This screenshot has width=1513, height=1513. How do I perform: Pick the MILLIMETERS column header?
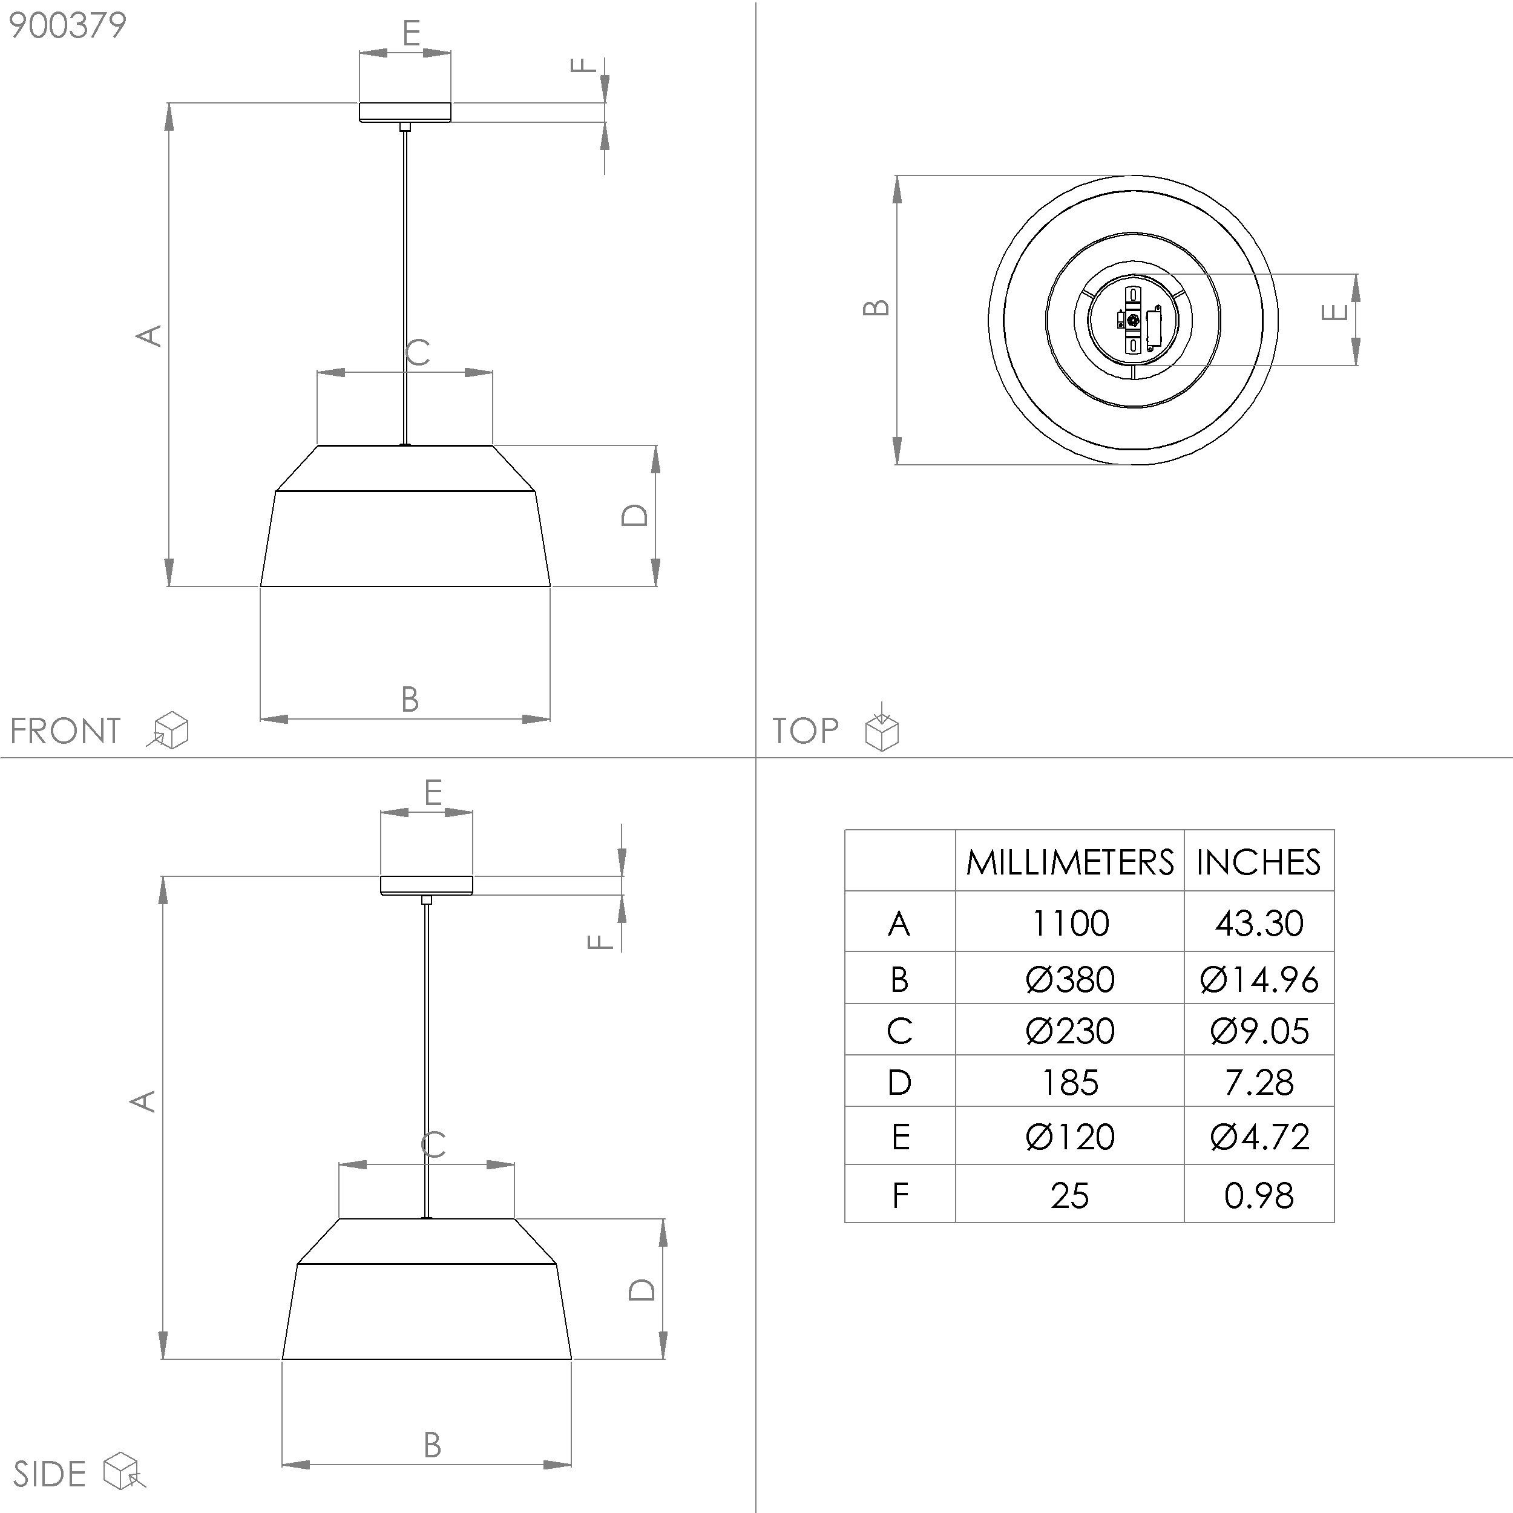pyautogui.click(x=1070, y=862)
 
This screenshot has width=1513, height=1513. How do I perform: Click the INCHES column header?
pyautogui.click(x=1258, y=862)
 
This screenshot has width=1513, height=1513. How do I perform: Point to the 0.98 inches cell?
pyautogui.click(x=1258, y=1196)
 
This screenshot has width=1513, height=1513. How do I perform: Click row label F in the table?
pyautogui.click(x=900, y=1196)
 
